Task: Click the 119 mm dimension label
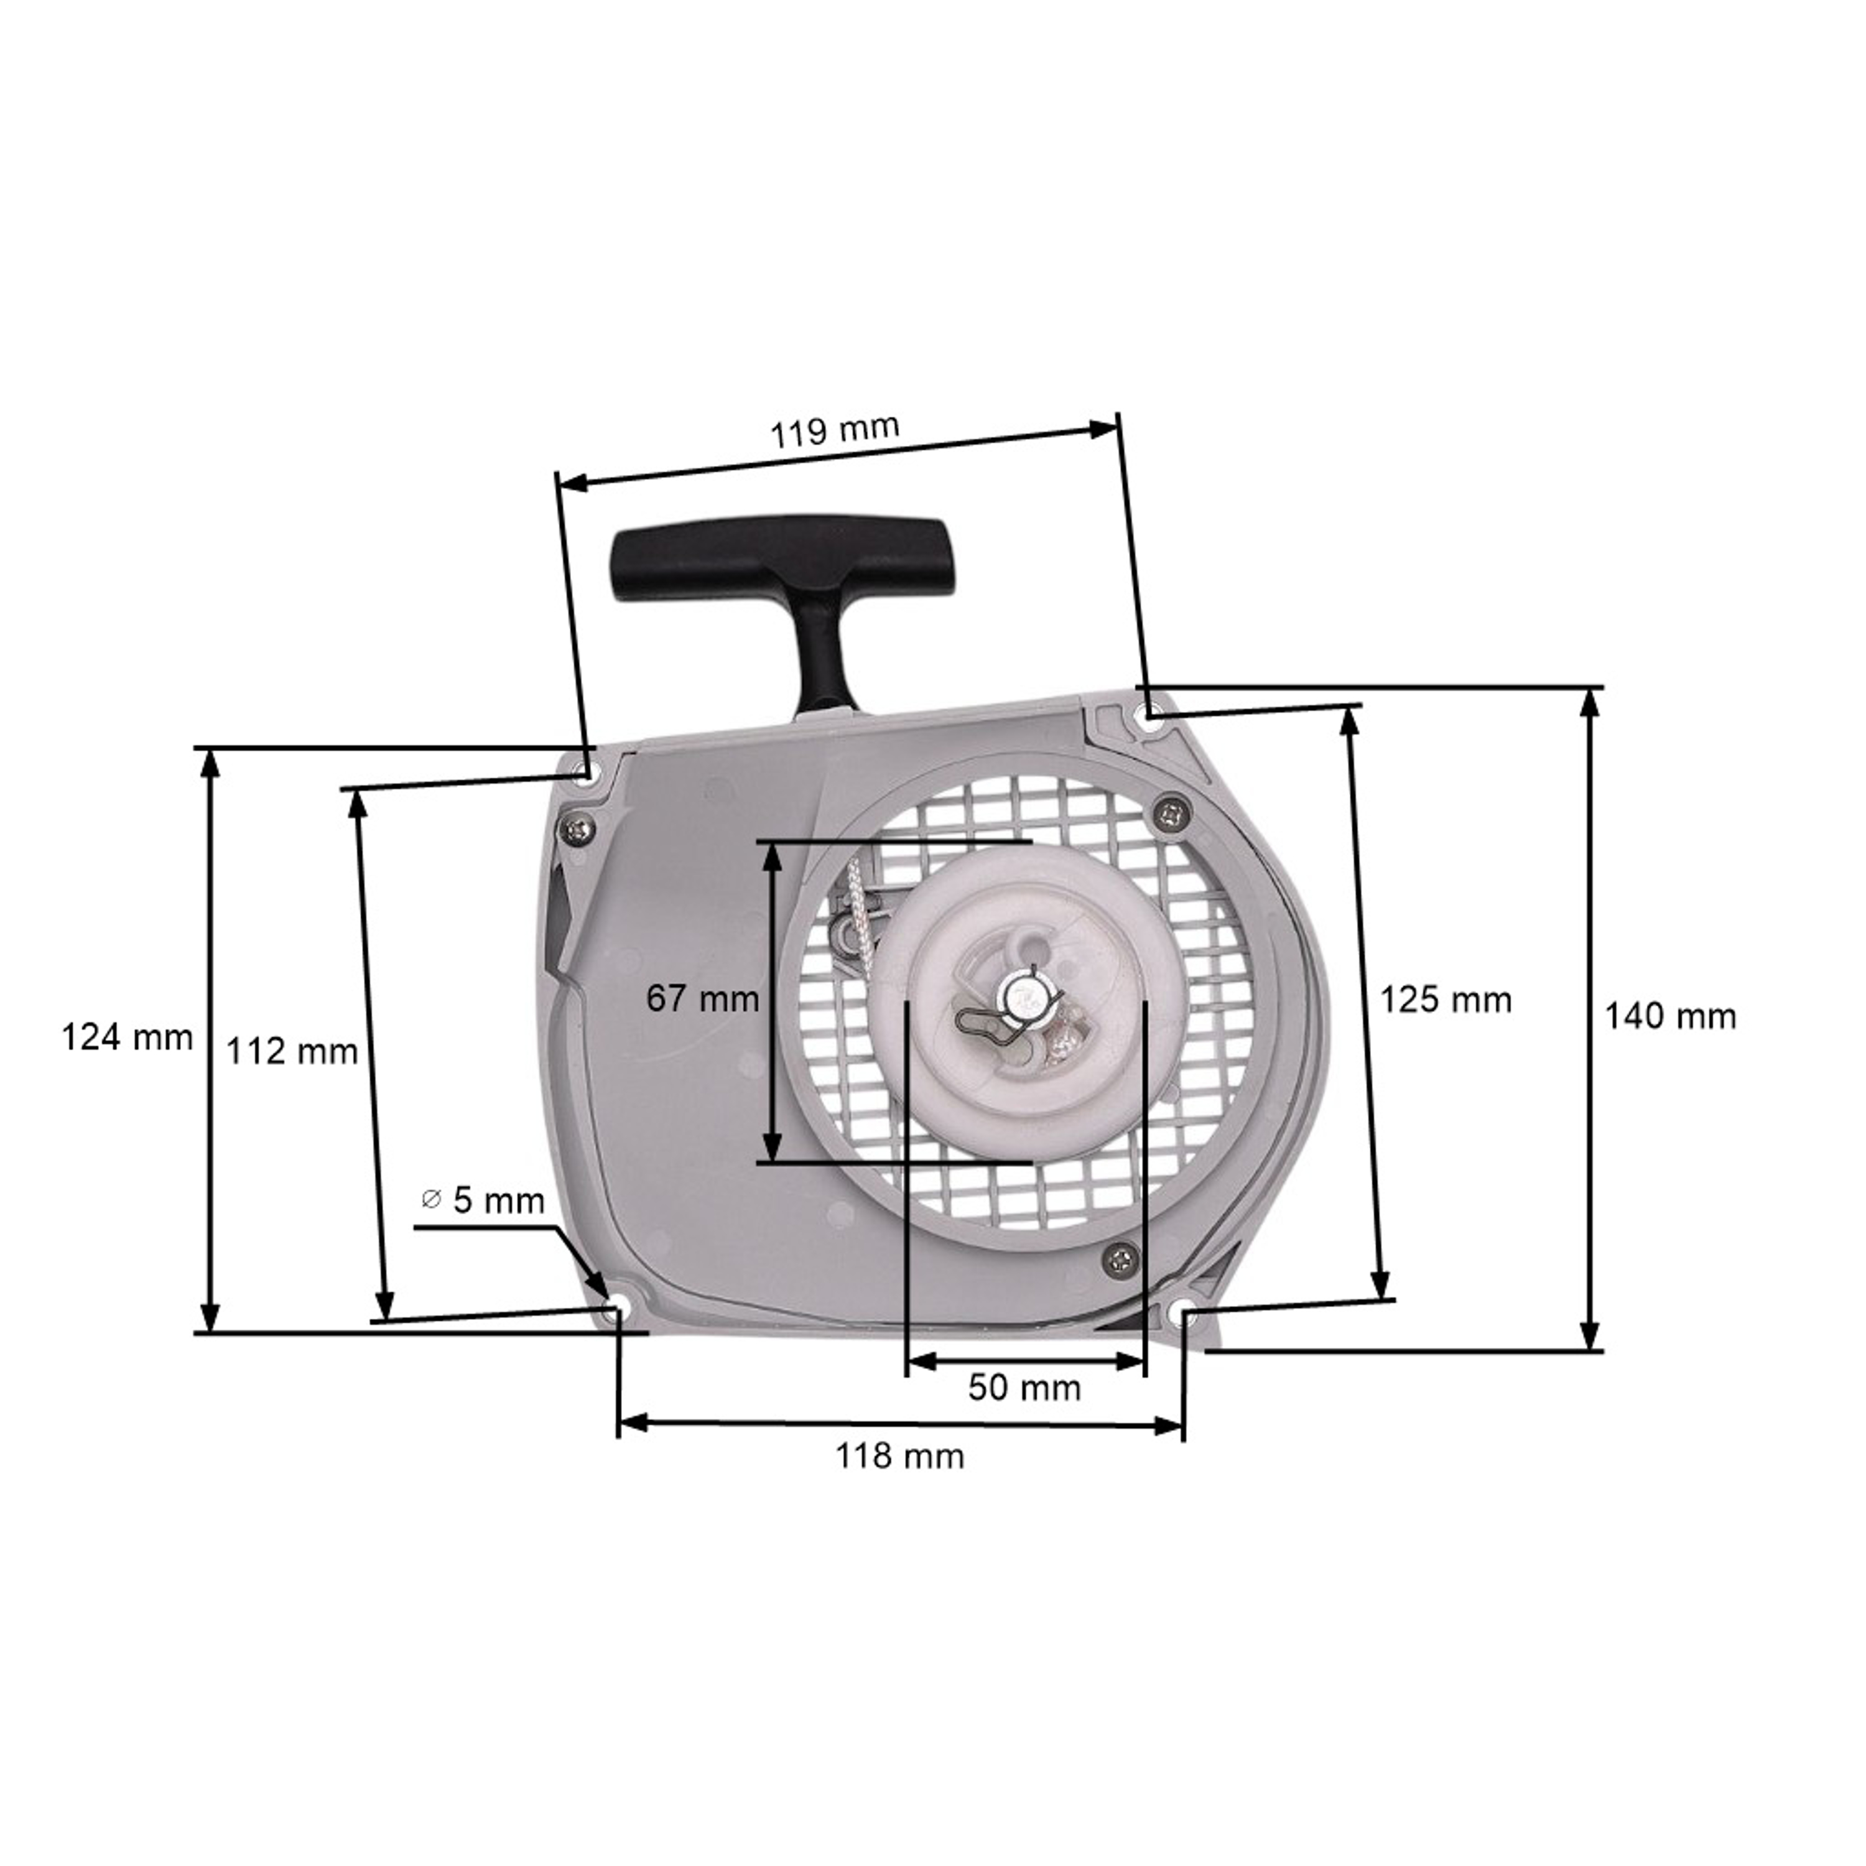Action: pyautogui.click(x=835, y=430)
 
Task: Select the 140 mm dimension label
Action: pyautogui.click(x=1670, y=1016)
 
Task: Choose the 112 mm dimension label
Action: pyautogui.click(x=292, y=1051)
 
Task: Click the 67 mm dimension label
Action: pyautogui.click(x=703, y=998)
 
